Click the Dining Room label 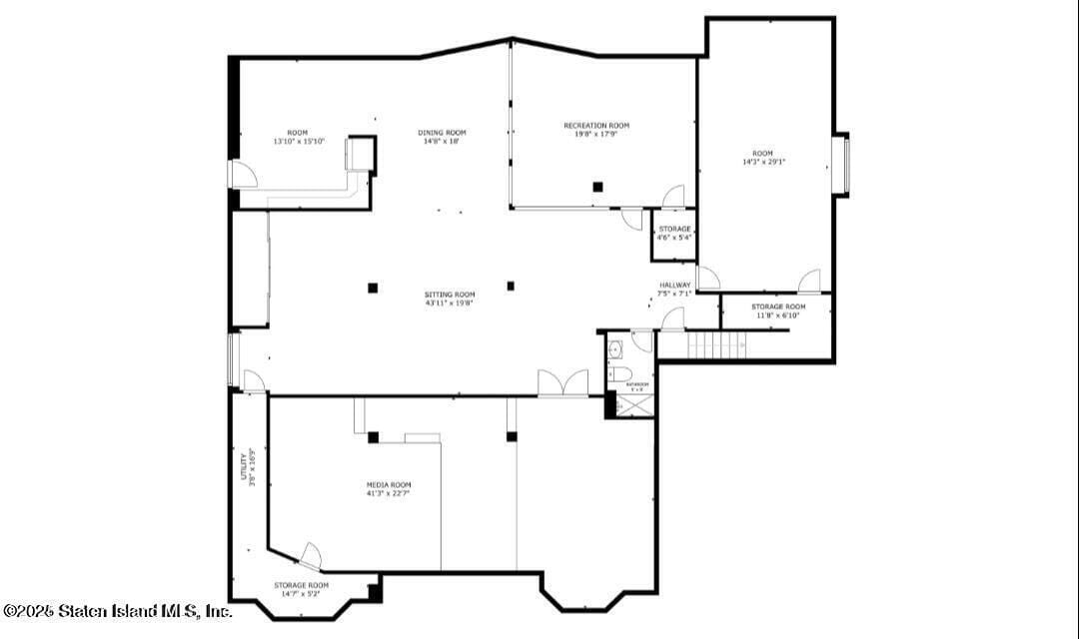[442, 133]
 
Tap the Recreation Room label [596, 126]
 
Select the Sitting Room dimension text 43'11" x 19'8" [449, 304]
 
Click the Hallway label [674, 286]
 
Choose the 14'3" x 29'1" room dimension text [763, 162]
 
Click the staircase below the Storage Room [716, 345]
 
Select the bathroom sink [615, 349]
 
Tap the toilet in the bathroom [617, 374]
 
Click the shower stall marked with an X [632, 404]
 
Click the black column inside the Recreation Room [597, 186]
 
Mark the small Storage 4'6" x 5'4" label [674, 234]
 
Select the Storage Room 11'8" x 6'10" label [778, 311]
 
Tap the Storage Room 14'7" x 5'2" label [301, 589]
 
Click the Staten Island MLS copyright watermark [117, 610]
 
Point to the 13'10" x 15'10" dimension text [298, 142]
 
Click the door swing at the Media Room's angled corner [311, 556]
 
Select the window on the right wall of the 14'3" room [841, 163]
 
